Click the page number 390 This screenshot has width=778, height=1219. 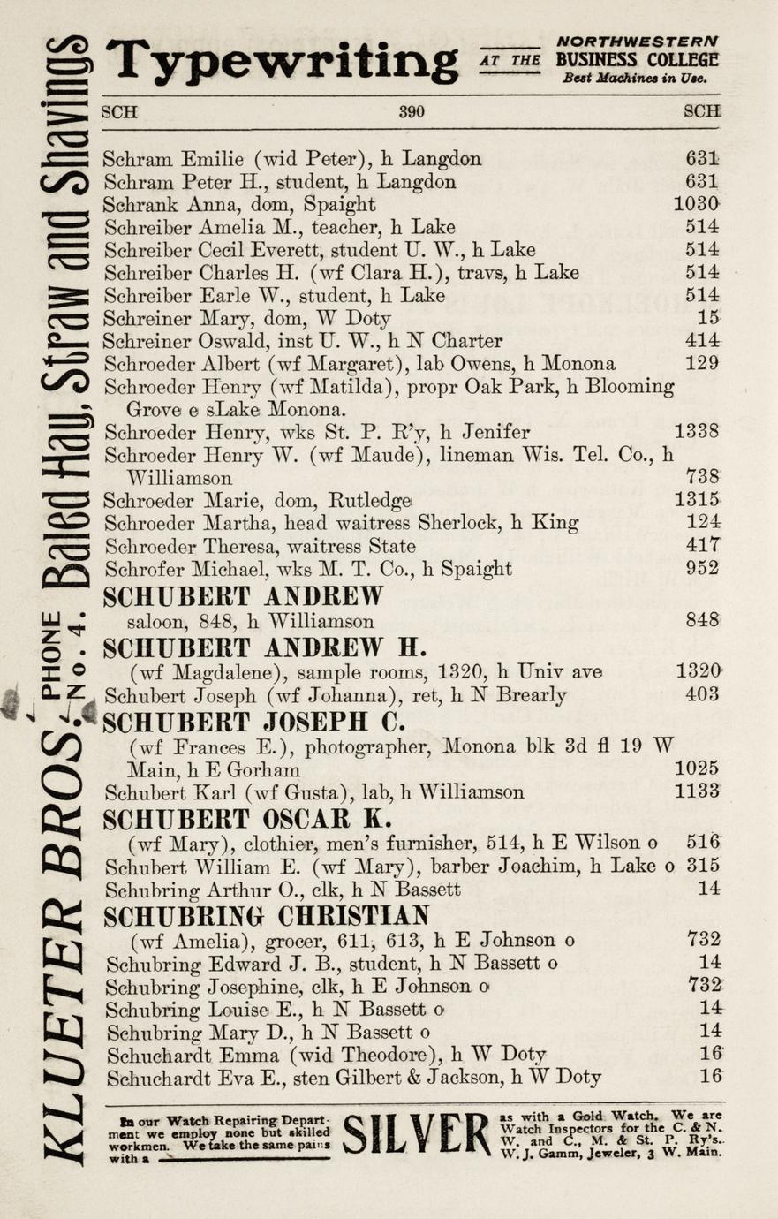pos(412,112)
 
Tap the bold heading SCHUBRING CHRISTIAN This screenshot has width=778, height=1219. pos(267,915)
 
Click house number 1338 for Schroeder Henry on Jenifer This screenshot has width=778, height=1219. pos(697,432)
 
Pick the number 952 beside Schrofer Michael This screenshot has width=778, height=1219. pos(703,569)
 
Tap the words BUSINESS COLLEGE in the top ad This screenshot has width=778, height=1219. pos(637,60)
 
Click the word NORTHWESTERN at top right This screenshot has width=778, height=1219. pos(638,42)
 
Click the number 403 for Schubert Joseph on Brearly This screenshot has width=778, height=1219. pos(703,694)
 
